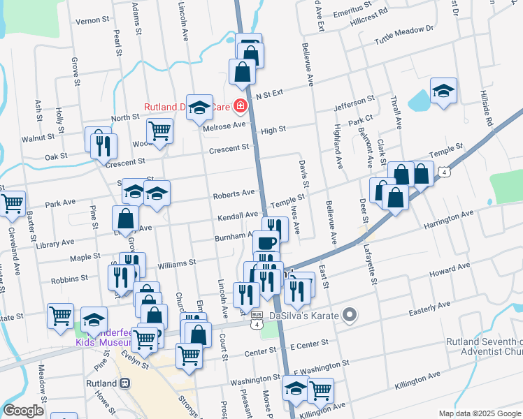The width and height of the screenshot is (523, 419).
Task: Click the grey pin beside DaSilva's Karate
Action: pyautogui.click(x=350, y=316)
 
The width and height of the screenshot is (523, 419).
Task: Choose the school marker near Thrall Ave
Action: pyautogui.click(x=443, y=91)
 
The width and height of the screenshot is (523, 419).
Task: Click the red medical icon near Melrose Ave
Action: pyautogui.click(x=241, y=107)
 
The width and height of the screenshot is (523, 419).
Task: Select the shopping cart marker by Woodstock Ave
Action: pyautogui.click(x=160, y=131)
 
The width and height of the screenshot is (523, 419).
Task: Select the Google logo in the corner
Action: pyautogui.click(x=23, y=411)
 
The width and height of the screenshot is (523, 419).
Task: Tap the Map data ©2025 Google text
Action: pyautogui.click(x=480, y=413)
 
